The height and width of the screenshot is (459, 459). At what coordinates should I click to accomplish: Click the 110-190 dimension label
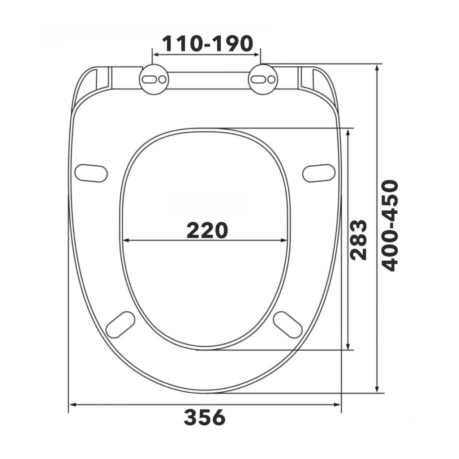pyautogui.click(x=207, y=43)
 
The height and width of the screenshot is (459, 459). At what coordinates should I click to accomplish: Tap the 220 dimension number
pyautogui.click(x=207, y=230)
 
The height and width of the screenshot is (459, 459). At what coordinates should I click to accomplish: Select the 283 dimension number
pyautogui.click(x=359, y=240)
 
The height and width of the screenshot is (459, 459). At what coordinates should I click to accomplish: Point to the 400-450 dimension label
pyautogui.click(x=390, y=226)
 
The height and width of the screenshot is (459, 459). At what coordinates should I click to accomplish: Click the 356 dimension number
pyautogui.click(x=205, y=417)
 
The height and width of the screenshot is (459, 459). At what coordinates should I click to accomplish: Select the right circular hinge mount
pyautogui.click(x=263, y=79)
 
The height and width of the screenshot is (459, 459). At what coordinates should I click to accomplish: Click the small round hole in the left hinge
pyautogui.click(x=163, y=79)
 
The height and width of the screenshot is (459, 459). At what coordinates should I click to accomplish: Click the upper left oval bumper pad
pyautogui.click(x=91, y=173)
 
